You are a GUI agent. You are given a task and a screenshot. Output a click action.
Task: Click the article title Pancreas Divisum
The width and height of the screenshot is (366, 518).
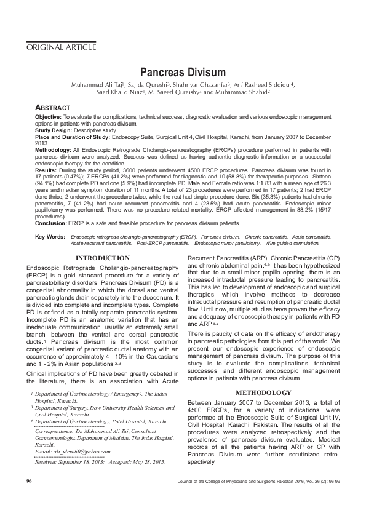tap(183, 73)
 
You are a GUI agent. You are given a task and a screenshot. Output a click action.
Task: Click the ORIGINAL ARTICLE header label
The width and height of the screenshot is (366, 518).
tap(61, 47)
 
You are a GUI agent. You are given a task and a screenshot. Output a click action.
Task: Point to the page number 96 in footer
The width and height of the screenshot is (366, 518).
tap(30, 496)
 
